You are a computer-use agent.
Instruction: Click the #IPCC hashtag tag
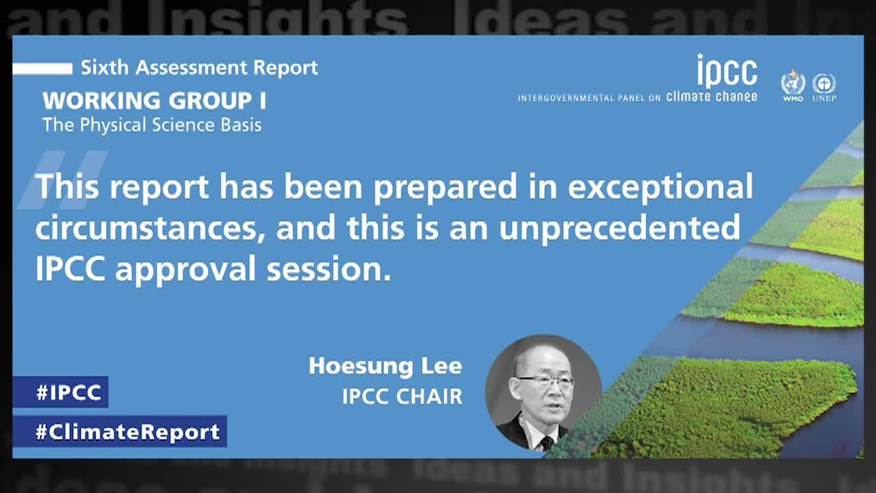60,392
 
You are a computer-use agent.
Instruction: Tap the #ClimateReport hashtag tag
120,431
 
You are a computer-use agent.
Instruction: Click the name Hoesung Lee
385,366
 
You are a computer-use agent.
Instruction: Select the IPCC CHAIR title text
402,396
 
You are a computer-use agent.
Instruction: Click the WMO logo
793,86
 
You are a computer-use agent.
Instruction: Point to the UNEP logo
824,86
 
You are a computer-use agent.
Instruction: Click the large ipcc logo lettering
727,72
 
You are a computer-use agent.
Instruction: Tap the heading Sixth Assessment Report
199,68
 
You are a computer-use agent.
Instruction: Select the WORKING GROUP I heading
155,101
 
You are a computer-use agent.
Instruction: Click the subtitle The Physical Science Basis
152,125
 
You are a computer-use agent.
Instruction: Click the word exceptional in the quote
660,187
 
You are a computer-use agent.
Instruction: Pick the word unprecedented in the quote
619,228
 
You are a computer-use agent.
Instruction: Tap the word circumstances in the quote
151,228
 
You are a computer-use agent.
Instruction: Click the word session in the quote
328,269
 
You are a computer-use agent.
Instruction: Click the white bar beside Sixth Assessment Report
42,68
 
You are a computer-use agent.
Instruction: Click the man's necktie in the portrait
546,443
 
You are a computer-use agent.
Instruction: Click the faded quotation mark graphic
62,179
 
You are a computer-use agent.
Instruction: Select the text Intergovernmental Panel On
589,98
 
